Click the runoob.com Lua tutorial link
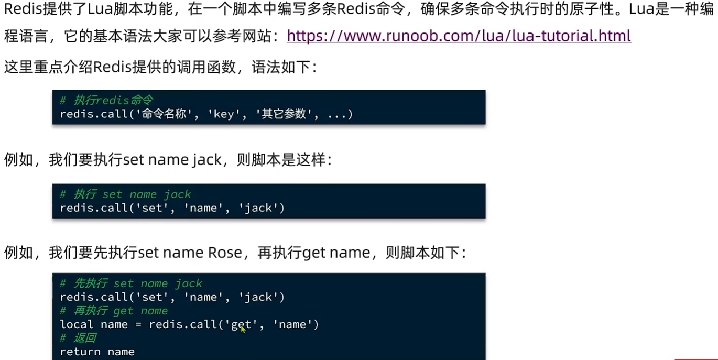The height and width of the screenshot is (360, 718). coord(459,36)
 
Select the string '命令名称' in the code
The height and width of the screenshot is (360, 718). coord(164,114)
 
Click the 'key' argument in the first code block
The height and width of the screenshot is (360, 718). coord(224,114)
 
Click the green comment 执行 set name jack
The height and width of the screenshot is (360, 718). coord(126,194)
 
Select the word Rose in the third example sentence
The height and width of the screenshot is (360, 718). coord(225,253)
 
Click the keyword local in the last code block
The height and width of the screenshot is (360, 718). coord(77,324)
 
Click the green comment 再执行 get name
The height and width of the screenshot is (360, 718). coord(114,311)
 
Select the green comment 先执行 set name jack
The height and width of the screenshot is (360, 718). coord(131,283)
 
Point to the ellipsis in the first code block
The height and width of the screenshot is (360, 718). coord(336,114)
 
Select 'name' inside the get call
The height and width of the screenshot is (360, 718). coord(295,324)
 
